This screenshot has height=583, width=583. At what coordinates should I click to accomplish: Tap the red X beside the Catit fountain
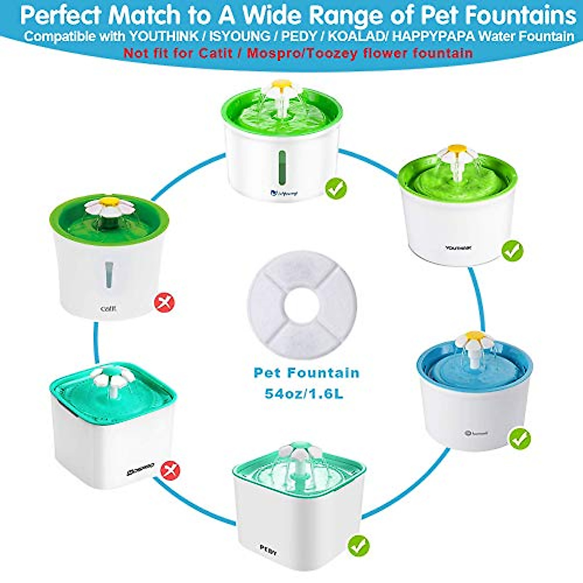pyautogui.click(x=164, y=304)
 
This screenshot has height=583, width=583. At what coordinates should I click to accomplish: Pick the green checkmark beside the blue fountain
pyautogui.click(x=520, y=439)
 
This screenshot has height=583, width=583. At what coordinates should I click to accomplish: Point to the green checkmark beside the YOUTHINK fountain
pyautogui.click(x=513, y=251)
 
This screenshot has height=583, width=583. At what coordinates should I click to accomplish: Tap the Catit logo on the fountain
pyautogui.click(x=108, y=309)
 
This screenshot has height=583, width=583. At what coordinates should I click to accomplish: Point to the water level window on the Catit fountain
pyautogui.click(x=109, y=275)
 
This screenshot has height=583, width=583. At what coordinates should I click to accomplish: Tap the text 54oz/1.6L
pyautogui.click(x=304, y=393)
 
